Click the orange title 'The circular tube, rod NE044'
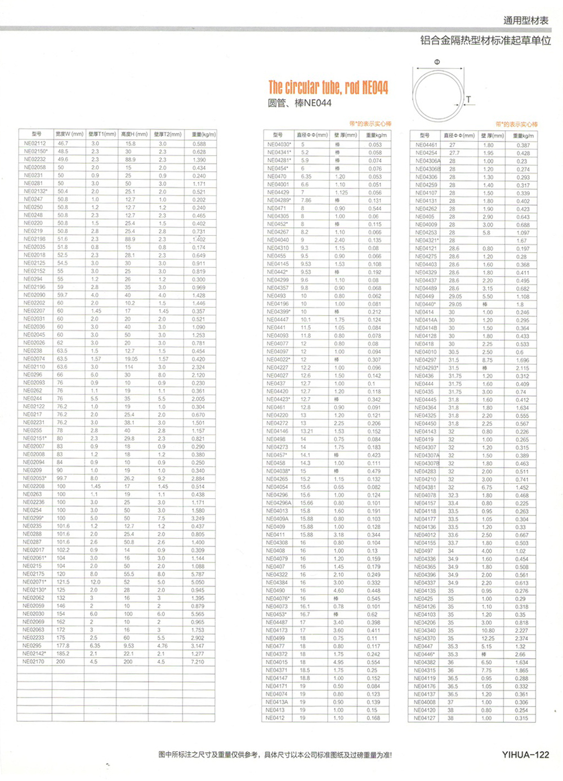click(x=328, y=87)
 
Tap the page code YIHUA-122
click(x=525, y=755)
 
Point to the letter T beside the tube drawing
click(x=468, y=100)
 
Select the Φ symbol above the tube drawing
click(x=437, y=62)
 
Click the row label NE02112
click(x=34, y=144)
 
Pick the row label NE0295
click(x=32, y=646)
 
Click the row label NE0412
click(x=275, y=718)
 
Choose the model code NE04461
click(x=426, y=145)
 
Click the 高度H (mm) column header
click(x=134, y=134)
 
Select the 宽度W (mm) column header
click(x=69, y=134)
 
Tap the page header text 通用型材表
click(x=525, y=21)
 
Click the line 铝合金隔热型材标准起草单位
click(x=485, y=41)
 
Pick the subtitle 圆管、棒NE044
click(x=300, y=103)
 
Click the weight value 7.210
click(x=198, y=662)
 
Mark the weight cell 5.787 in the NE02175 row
click(x=198, y=574)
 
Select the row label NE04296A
click(x=279, y=503)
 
